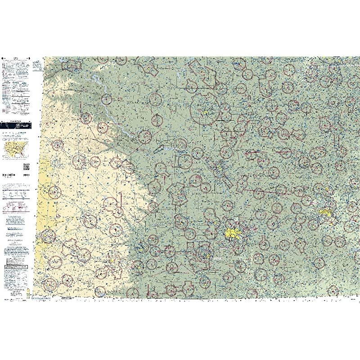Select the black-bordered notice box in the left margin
pos(16,261)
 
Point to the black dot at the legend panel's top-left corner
pos(3,59)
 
